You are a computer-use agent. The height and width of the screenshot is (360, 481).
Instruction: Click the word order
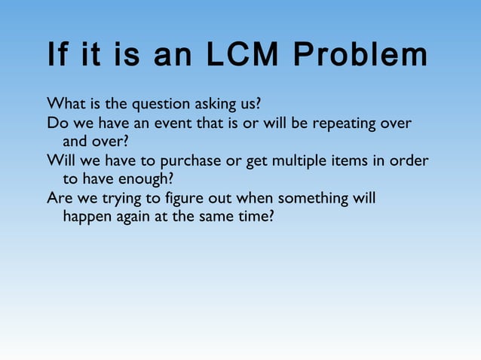pyautogui.click(x=411, y=160)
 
